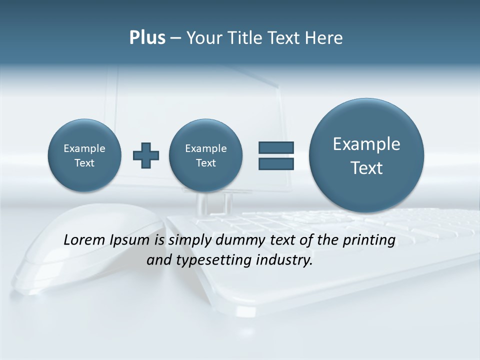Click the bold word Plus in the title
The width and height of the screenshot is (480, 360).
[147, 38]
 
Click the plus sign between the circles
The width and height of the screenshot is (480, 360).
[146, 155]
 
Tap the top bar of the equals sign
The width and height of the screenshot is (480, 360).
[276, 147]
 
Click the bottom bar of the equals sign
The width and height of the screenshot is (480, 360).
[276, 163]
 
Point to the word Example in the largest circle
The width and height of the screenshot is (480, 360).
[366, 144]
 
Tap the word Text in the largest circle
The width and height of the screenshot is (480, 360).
[366, 168]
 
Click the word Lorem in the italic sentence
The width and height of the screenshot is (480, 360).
[85, 240]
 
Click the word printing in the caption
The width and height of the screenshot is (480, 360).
[369, 240]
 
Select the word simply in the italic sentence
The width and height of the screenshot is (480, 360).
[190, 240]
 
